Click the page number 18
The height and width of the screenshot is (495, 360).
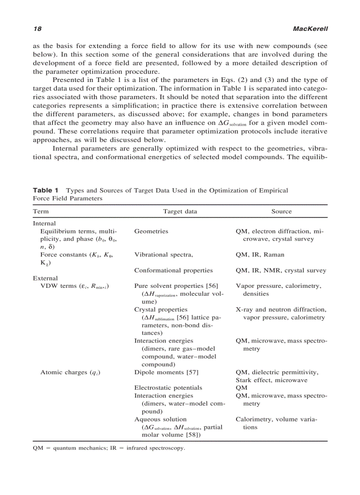click(x=37, y=29)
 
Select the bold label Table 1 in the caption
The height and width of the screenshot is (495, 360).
click(x=46, y=190)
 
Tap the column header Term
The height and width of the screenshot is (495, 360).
click(x=41, y=211)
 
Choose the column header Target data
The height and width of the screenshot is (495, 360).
click(x=180, y=211)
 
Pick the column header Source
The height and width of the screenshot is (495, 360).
click(x=281, y=211)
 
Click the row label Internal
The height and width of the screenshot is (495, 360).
click(x=45, y=223)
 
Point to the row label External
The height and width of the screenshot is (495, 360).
click(x=45, y=278)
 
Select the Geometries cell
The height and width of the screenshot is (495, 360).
click(x=151, y=231)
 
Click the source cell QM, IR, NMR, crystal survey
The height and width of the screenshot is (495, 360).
click(x=281, y=270)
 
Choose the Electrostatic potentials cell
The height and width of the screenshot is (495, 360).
click(x=168, y=387)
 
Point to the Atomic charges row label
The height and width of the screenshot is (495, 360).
click(x=70, y=372)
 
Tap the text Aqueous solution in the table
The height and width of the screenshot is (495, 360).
click(x=160, y=419)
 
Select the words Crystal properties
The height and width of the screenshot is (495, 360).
click(x=161, y=309)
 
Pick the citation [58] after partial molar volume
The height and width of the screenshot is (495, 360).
click(x=193, y=435)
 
